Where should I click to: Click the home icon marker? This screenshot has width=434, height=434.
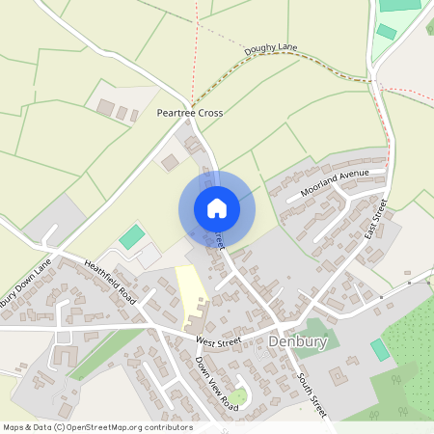pyautogui.click(x=216, y=207)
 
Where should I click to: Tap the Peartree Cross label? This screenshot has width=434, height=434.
pyautogui.click(x=190, y=113)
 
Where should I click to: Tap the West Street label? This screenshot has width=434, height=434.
pyautogui.click(x=218, y=341)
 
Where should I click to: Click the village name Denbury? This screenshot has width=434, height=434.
pyautogui.click(x=299, y=342)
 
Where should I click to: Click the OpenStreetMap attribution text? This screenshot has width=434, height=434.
pyautogui.click(x=96, y=426)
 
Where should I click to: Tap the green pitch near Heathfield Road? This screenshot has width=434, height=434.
pyautogui.click(x=131, y=235)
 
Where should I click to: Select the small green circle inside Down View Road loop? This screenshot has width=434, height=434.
pyautogui.click(x=238, y=396)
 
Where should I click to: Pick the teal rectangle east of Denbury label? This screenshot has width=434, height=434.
pyautogui.click(x=380, y=349)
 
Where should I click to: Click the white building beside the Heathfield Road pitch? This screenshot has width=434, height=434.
pyautogui.click(x=149, y=257)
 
